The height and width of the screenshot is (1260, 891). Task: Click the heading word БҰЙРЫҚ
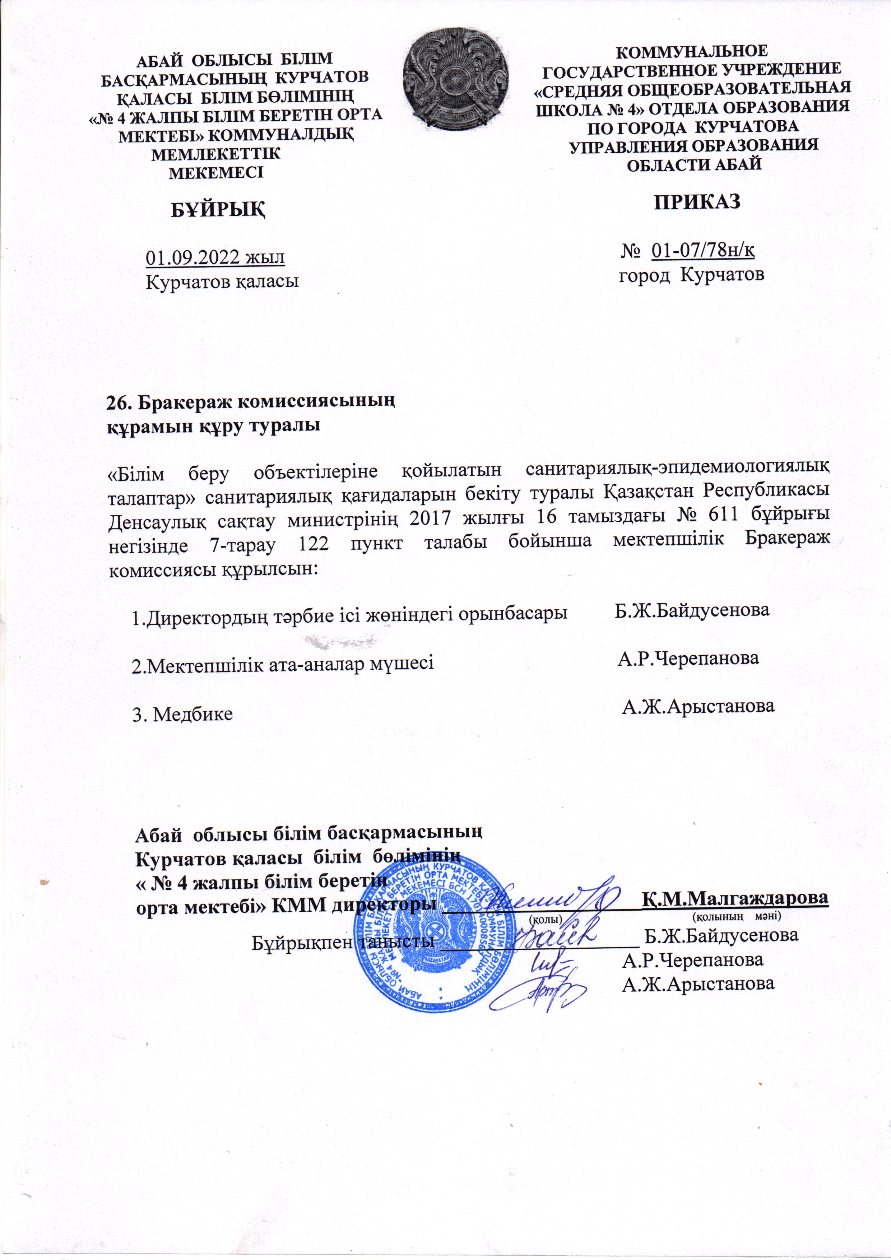coord(218,209)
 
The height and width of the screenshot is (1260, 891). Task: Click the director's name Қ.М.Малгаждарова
coord(735,898)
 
